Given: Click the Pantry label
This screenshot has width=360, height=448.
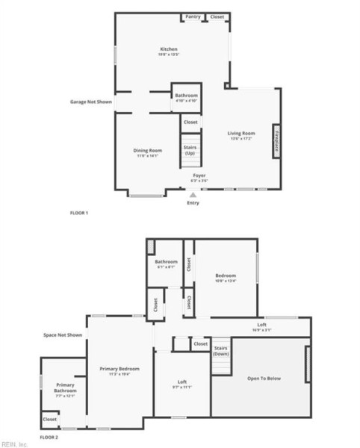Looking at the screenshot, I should coord(193,16).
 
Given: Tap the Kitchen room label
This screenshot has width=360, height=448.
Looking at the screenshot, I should coord(168,51).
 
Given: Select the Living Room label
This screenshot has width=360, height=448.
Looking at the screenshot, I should coord(241,135).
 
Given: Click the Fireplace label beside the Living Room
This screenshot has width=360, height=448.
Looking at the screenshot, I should coord(277,142).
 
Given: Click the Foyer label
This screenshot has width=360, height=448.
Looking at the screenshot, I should coord(199,177).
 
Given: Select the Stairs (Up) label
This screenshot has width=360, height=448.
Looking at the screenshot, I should coord(190,150).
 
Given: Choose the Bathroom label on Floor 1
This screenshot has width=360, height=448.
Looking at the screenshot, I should coord(186,96).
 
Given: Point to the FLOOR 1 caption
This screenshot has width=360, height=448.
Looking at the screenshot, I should coord(79,214).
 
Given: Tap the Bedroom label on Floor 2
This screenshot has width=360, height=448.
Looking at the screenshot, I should coord(226,277).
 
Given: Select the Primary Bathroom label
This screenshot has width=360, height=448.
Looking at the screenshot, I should coord(65,388).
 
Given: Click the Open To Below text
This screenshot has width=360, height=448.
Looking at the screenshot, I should coord(264,379).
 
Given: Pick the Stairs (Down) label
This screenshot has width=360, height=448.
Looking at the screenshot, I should coord(221,351).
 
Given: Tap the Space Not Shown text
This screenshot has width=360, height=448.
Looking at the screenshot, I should coord(63,335).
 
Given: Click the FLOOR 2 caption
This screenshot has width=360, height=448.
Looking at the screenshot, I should coord(49,436).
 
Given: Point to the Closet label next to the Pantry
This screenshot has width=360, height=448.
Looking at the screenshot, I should coord(217,16).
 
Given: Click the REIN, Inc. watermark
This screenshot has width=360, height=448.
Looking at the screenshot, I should coord(14,444).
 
